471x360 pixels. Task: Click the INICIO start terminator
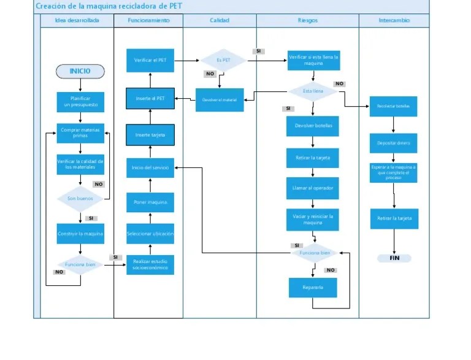[80, 71]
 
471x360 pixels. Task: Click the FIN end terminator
[394, 258]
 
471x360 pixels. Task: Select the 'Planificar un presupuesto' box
[80, 102]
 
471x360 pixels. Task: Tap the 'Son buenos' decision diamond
[80, 199]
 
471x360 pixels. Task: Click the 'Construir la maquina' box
[80, 234]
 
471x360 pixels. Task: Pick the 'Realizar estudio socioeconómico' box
[150, 265]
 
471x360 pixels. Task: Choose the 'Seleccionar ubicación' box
[150, 234]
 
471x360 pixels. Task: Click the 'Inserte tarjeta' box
[150, 135]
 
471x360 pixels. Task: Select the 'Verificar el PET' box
[150, 60]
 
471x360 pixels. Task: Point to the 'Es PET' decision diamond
[223, 60]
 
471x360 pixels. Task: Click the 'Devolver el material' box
[220, 100]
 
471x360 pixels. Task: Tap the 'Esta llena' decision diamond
[313, 91]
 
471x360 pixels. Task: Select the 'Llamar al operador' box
[312, 188]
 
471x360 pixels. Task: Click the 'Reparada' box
[312, 287]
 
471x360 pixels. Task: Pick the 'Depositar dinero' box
[393, 143]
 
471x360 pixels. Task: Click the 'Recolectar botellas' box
[393, 106]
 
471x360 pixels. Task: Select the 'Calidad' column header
[220, 20]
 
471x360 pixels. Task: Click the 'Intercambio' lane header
[394, 20]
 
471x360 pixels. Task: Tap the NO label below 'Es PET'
[210, 74]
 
